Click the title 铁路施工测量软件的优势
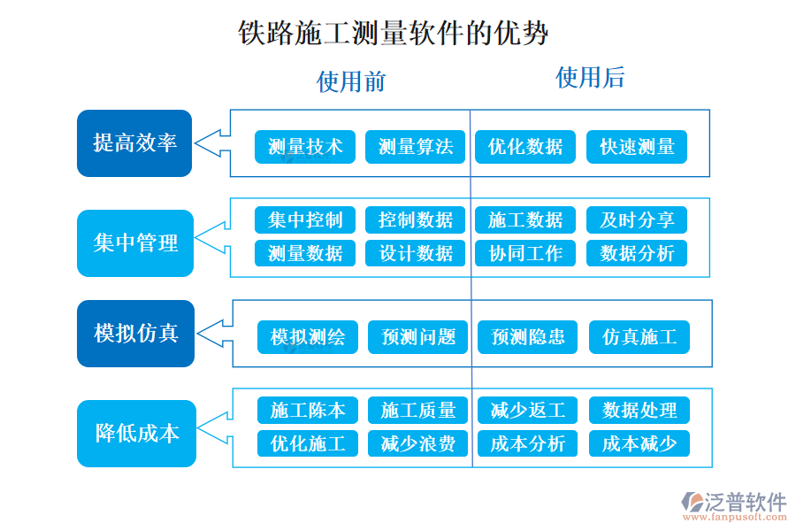coord(394,35)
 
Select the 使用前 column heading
coord(351,81)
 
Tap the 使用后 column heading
coord(589,78)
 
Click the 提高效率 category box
coord(134,143)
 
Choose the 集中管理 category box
coord(134,243)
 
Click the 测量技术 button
coord(305,147)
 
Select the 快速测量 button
coord(637,147)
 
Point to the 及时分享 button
coord(637,219)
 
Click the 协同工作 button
coord(525,253)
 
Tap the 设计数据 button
coord(416,253)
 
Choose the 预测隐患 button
coord(528,337)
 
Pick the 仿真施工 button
coord(639,337)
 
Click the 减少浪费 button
coord(418,443)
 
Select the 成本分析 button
coord(528,443)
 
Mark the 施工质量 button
coord(418,411)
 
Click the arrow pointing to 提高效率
coord(212,142)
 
